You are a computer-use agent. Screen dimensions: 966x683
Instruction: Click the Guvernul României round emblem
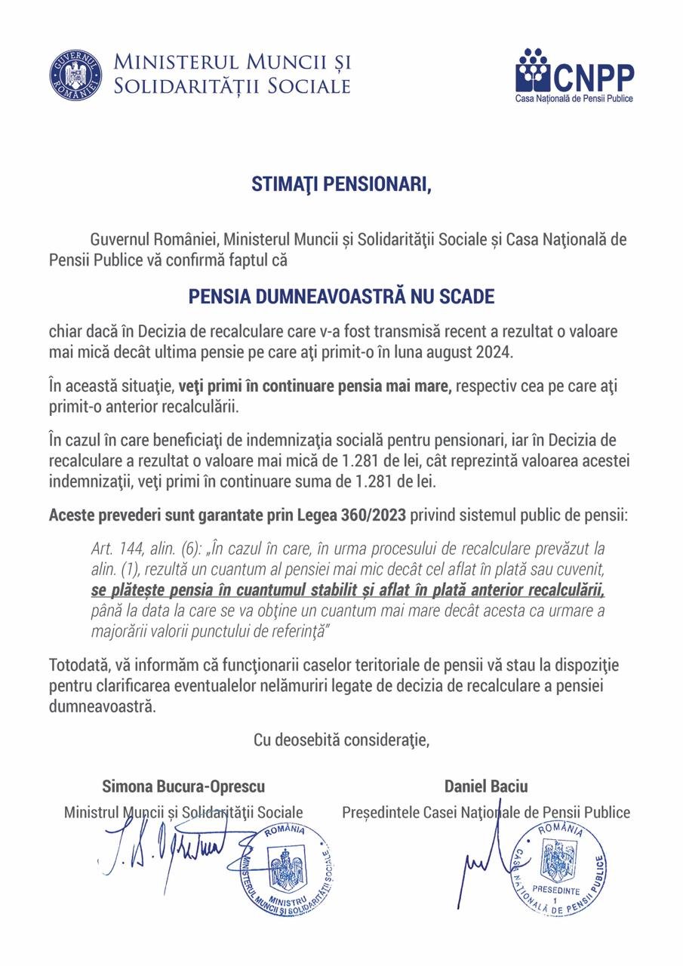tap(76, 75)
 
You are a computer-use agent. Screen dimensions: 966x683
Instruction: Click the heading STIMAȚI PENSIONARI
tap(341, 186)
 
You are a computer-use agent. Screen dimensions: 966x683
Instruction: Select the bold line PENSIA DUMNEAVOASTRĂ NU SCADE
tap(341, 297)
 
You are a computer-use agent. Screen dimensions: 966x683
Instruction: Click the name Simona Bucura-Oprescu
tap(183, 786)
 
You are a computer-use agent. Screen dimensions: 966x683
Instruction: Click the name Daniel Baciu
tap(486, 786)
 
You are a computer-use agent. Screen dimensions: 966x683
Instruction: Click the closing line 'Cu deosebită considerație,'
tap(341, 740)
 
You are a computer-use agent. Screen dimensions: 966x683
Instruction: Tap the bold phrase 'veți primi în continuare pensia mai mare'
tap(315, 387)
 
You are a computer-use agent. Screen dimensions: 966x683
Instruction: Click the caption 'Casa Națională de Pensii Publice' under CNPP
tap(574, 99)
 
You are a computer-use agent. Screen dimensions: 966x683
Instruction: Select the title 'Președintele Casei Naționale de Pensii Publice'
tap(485, 813)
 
